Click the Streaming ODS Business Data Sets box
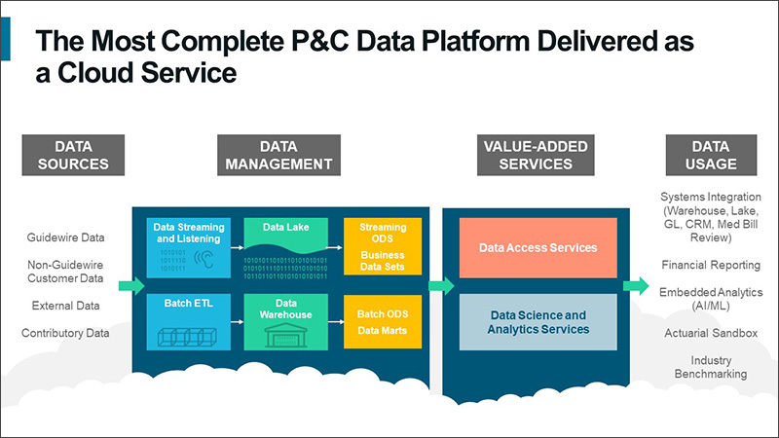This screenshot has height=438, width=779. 382,247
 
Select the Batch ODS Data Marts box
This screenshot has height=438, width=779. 382,323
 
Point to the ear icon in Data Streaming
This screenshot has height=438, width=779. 205,259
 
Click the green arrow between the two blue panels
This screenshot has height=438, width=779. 440,285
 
